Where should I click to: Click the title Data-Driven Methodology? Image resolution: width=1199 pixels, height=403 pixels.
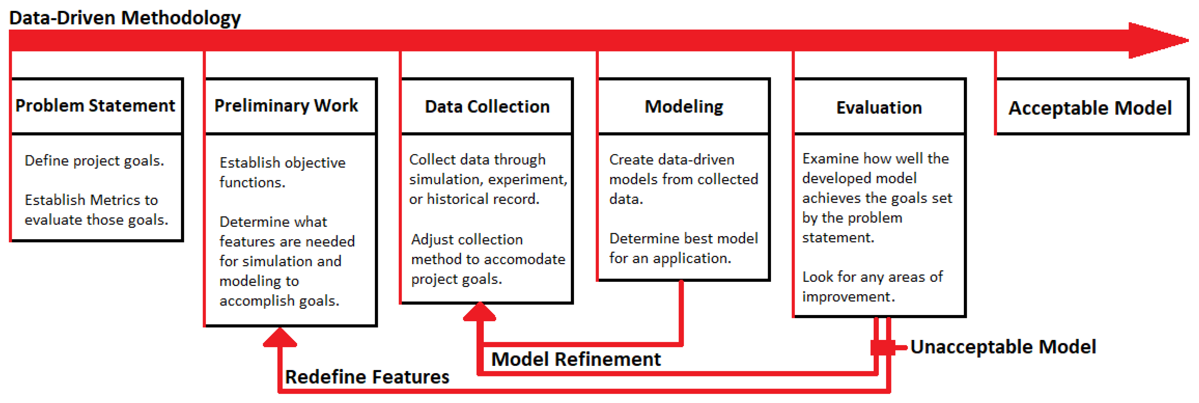[x=125, y=18]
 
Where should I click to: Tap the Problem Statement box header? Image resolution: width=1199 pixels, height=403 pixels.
[x=95, y=106]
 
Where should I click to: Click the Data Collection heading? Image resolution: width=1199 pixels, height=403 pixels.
[x=487, y=107]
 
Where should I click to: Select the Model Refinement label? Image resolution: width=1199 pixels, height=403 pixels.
[x=576, y=359]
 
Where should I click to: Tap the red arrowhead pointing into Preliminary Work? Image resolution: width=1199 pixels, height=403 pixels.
[x=280, y=337]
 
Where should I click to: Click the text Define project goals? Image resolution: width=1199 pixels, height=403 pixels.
[x=94, y=161]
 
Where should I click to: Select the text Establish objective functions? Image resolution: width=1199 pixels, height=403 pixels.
[x=282, y=172]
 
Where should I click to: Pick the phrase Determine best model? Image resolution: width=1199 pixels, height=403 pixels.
[x=683, y=238]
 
